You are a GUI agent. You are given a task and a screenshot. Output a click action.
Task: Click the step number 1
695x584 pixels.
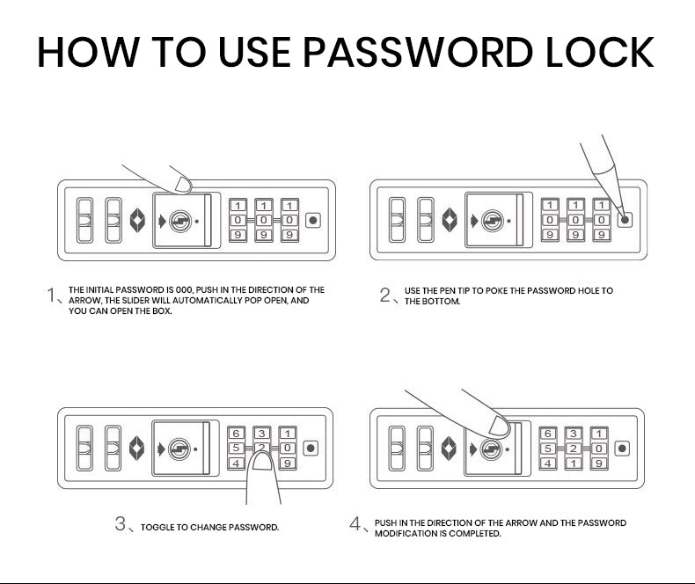pos(51,294)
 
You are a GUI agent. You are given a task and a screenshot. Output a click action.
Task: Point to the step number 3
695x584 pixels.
pos(121,524)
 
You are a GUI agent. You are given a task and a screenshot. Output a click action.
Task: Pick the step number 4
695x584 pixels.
pos(355,524)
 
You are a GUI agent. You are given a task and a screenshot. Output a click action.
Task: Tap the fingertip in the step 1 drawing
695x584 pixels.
pos(184,184)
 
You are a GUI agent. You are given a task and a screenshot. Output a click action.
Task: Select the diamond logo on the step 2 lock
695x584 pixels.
pos(450,221)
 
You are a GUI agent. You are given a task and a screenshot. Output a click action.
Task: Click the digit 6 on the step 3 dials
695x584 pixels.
pos(236,434)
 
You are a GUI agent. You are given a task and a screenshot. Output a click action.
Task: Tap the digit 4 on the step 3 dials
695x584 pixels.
pos(236,463)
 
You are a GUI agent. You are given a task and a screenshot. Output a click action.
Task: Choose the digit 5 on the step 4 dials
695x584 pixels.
pos(547,449)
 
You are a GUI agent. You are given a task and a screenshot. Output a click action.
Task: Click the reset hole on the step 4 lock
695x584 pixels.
pos(624,449)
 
